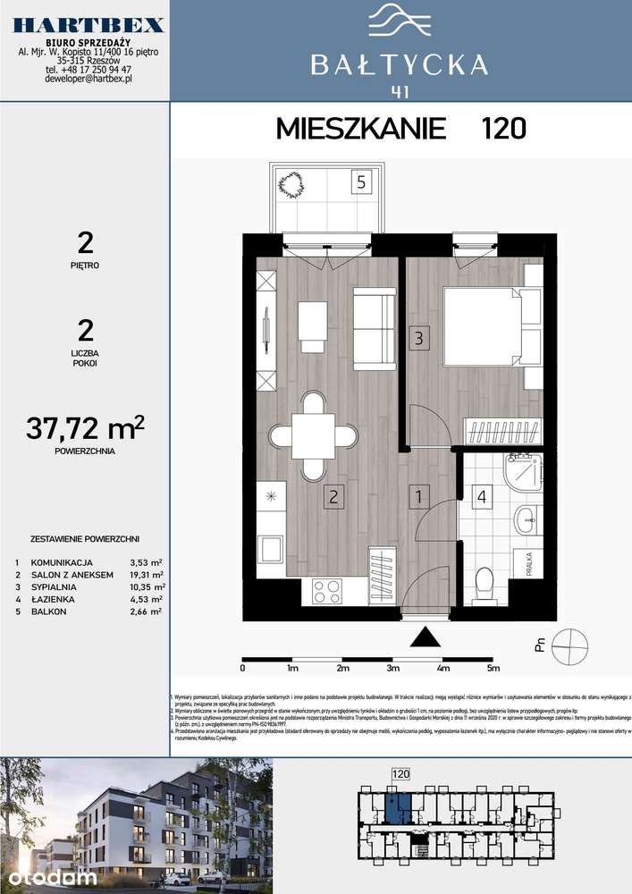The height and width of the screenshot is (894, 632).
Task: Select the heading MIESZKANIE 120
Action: [x=400, y=129]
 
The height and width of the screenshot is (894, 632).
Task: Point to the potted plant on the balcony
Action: [x=291, y=185]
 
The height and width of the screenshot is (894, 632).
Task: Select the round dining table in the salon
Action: [x=313, y=436]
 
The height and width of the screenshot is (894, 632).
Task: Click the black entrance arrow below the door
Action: [x=426, y=637]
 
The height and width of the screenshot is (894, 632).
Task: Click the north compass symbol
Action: [x=569, y=644]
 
